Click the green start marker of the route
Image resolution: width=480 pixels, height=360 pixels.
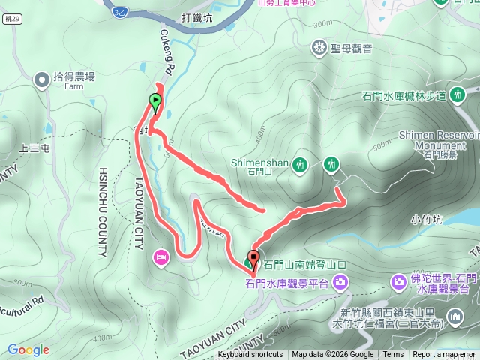155,100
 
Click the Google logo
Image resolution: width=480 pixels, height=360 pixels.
28,349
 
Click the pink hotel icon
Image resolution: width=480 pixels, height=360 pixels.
161,258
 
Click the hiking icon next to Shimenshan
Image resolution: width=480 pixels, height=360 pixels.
300,164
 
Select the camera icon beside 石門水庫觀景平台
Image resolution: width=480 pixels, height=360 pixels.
341,282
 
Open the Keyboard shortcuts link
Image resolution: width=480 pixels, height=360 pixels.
250,355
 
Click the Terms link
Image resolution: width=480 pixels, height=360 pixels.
393,355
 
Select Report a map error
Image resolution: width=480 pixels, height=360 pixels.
444,355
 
